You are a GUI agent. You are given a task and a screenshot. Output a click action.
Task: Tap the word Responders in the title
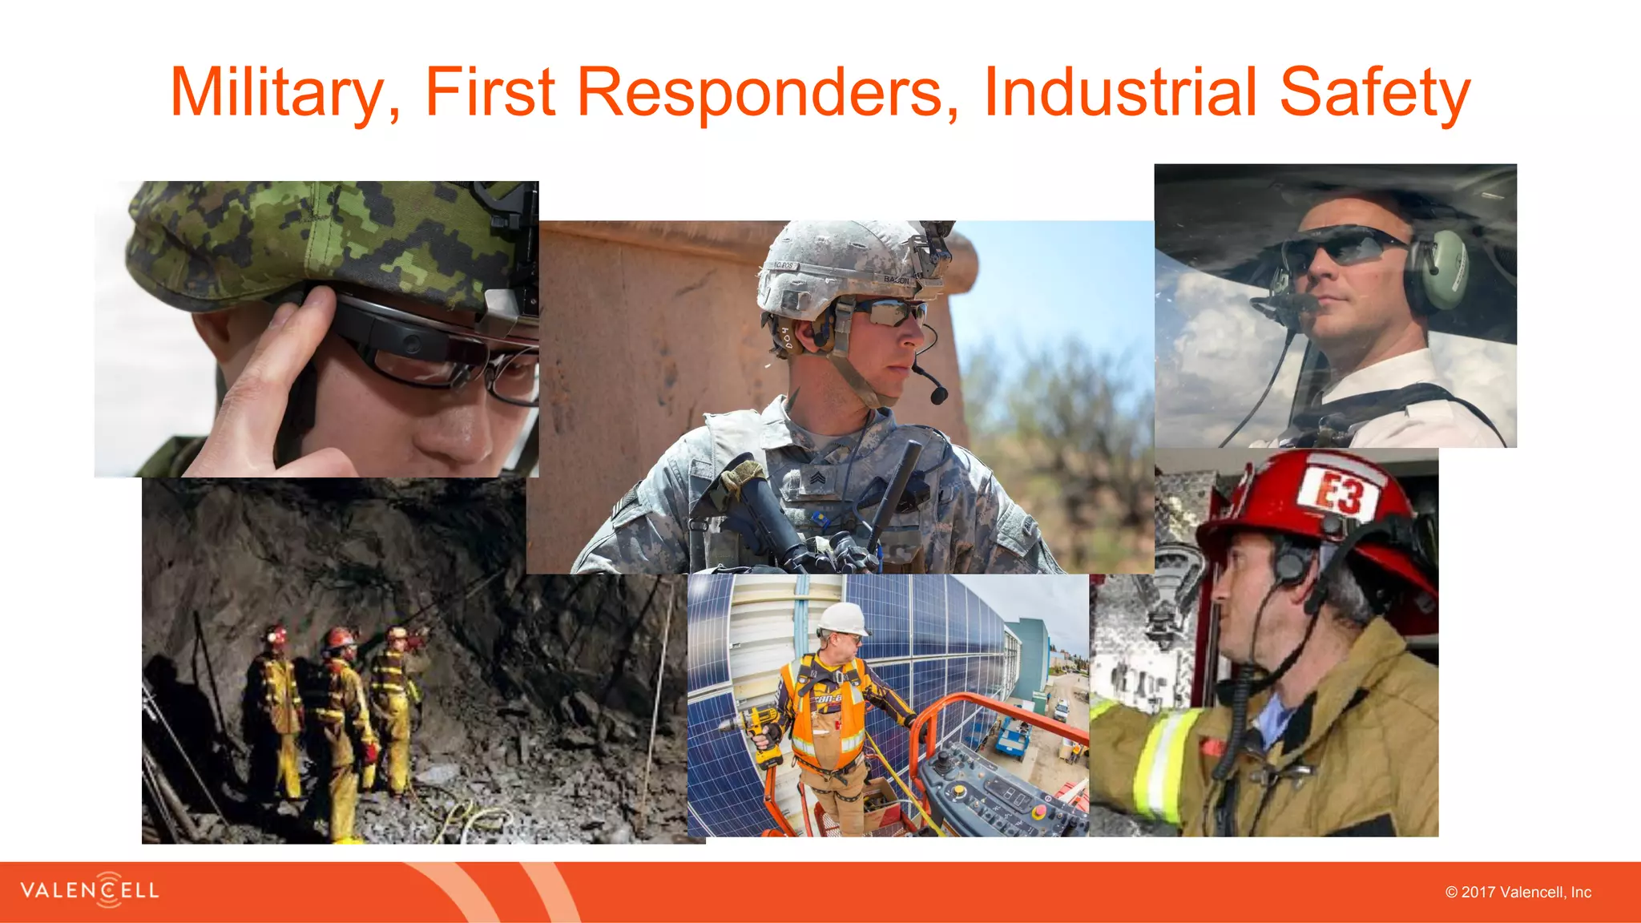(x=767, y=93)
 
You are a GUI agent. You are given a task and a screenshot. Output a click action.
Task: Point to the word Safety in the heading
(x=1374, y=93)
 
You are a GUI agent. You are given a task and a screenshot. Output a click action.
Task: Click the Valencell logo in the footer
(x=90, y=890)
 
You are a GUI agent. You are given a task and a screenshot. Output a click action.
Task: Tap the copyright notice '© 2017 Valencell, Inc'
(x=1518, y=893)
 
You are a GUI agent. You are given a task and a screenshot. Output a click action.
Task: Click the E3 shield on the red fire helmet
(x=1341, y=492)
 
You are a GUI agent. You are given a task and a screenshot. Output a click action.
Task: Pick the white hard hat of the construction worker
(x=842, y=619)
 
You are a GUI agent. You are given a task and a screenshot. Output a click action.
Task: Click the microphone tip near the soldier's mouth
(x=938, y=395)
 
